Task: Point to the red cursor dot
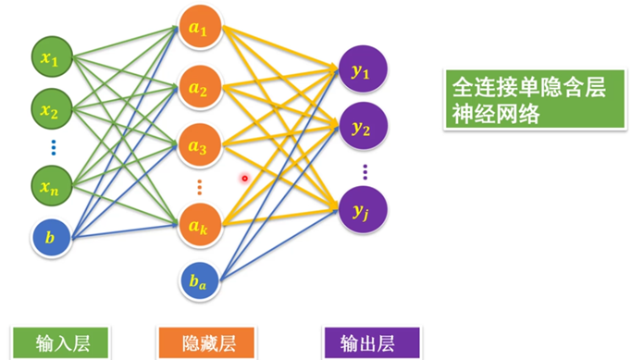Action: click(x=245, y=178)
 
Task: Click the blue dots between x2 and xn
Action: click(x=53, y=146)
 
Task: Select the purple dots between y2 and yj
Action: click(x=365, y=170)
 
